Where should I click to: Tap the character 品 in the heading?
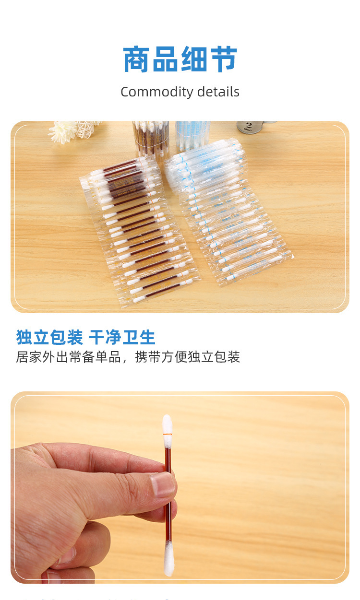(x=166, y=60)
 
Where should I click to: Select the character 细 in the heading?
(x=194, y=60)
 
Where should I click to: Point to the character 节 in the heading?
(x=223, y=60)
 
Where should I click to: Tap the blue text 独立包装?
(x=49, y=338)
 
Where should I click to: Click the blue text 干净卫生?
(x=122, y=338)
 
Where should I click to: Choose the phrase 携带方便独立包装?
(x=187, y=357)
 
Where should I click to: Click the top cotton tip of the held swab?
(x=167, y=424)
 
